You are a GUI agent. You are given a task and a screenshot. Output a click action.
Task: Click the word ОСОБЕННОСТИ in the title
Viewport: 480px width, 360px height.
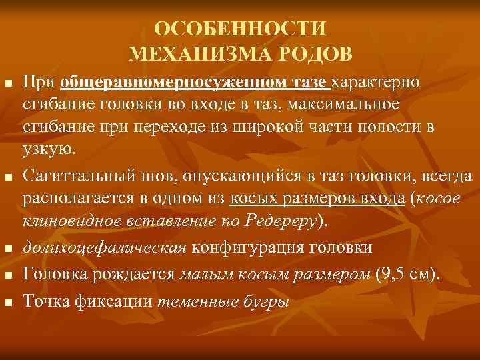[240, 29]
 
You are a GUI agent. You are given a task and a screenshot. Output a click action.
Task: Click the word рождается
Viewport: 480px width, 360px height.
[137, 273]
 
